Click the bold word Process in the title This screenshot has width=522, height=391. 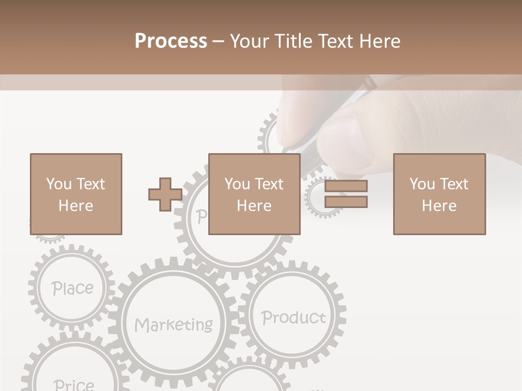tap(171, 41)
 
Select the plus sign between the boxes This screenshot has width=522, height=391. tap(165, 194)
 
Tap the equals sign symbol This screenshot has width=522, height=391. tap(346, 194)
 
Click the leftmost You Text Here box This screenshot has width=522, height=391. tap(76, 194)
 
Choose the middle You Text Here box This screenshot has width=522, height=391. tap(254, 194)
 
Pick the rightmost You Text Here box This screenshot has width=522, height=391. tap(439, 194)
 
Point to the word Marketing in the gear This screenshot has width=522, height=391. tap(173, 325)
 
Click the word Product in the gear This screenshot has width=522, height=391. tap(293, 317)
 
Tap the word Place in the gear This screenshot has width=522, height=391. tap(72, 288)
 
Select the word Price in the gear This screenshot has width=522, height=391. tap(74, 384)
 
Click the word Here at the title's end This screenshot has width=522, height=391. tap(380, 41)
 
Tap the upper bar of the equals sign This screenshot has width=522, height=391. tap(346, 186)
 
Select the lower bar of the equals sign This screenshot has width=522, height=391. tap(346, 201)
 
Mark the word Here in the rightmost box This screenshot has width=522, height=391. tap(439, 206)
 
